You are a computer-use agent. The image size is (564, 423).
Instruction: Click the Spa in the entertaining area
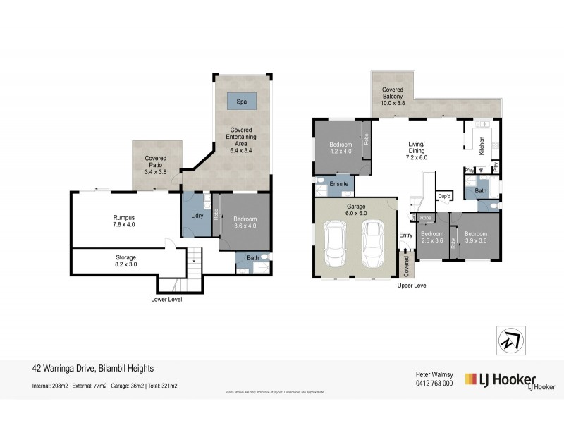tap(242, 102)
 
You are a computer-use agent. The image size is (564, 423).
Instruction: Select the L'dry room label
tap(197, 215)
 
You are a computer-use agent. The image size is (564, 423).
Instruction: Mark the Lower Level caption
tap(167, 299)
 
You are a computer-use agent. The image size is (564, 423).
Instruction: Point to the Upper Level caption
tap(412, 286)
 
